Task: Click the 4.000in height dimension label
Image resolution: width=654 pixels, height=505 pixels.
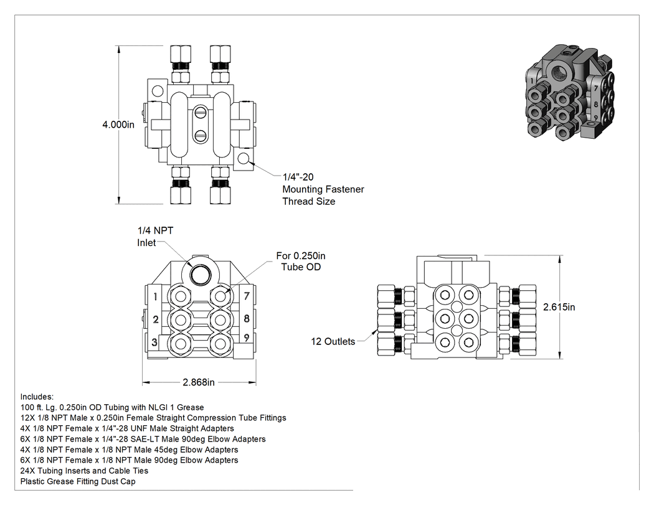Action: click(118, 125)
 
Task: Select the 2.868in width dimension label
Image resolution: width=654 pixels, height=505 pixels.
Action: click(199, 382)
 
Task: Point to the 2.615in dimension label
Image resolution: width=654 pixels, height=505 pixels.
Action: click(559, 308)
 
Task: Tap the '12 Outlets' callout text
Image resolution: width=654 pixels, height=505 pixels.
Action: click(333, 341)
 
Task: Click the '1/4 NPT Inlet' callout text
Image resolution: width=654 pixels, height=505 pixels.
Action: click(155, 237)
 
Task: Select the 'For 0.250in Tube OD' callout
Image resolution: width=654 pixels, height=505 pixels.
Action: click(301, 262)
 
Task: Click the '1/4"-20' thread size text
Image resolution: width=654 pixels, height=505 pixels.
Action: click(298, 177)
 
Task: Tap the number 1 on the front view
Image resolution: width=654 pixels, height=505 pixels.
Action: click(155, 296)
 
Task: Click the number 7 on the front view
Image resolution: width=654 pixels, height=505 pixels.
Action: click(247, 296)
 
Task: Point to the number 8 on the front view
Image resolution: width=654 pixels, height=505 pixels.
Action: click(247, 318)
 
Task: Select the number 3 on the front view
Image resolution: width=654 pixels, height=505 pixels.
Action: click(154, 342)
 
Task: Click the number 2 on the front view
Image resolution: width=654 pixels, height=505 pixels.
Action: click(155, 319)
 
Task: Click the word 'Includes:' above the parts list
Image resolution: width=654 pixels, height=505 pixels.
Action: click(37, 397)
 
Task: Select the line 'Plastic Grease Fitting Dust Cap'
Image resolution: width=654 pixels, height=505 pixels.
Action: click(78, 481)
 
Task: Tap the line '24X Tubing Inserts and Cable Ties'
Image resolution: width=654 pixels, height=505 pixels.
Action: click(84, 471)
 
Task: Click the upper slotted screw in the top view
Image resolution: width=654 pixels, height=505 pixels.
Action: click(200, 111)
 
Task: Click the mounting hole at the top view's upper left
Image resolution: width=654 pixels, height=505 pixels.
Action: click(157, 90)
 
